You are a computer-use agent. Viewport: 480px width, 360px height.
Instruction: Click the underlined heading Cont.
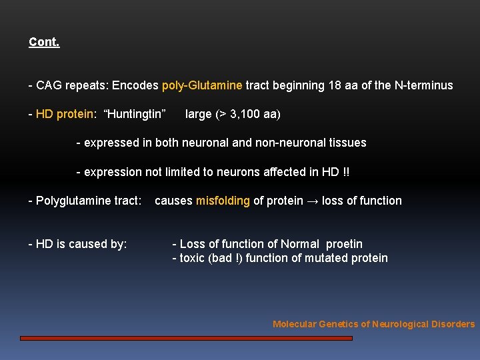pos(44,42)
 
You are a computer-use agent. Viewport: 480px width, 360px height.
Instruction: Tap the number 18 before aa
pos(334,85)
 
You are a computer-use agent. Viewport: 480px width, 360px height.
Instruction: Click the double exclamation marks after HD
pos(345,172)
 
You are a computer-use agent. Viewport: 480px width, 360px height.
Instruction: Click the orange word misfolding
pos(223,201)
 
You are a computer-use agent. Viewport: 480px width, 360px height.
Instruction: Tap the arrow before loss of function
pos(312,201)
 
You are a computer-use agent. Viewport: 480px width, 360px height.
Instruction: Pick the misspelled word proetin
pos(345,244)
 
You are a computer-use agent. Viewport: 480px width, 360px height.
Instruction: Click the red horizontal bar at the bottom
pos(186,338)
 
